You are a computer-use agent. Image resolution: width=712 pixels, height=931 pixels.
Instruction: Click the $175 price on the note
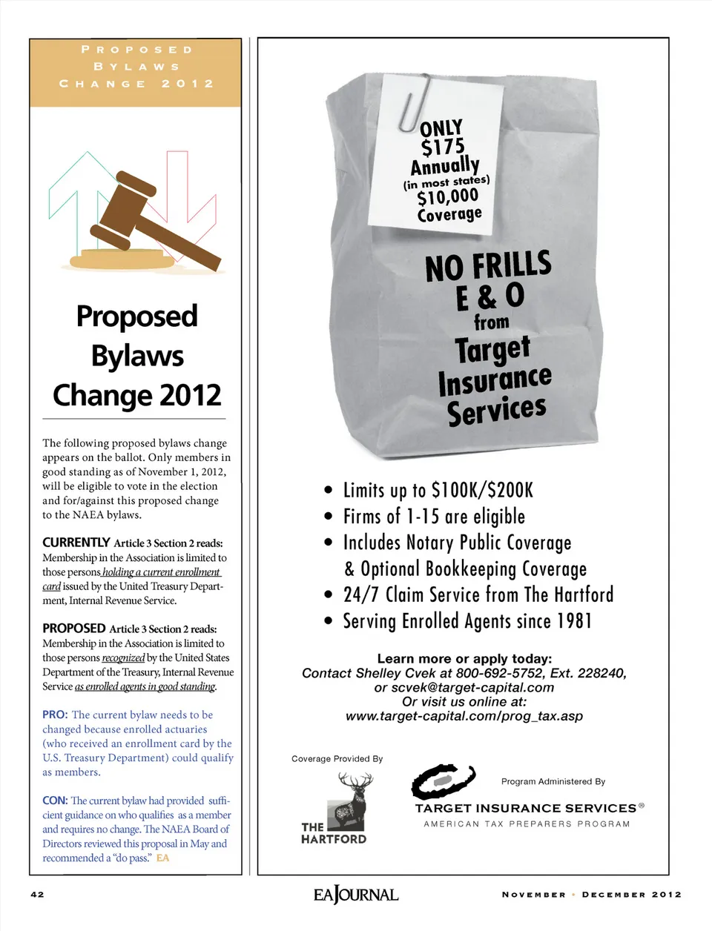coord(443,147)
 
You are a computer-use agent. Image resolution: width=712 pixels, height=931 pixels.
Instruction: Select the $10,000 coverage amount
coord(447,197)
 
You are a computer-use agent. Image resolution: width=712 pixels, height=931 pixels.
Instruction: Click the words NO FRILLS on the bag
coord(488,266)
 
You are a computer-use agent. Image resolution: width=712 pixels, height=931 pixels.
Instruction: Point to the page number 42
coord(37,895)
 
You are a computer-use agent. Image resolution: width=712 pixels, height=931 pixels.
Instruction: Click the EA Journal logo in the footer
coord(356,895)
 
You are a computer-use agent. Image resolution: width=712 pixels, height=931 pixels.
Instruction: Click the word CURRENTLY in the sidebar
coord(76,543)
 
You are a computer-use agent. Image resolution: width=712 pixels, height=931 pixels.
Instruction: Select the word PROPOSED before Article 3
coord(73,629)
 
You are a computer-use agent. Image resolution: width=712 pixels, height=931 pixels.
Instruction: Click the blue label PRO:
coord(55,715)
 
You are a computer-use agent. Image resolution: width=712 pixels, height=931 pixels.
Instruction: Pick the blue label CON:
coord(55,801)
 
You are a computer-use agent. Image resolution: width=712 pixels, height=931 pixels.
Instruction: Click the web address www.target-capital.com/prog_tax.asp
coord(464,716)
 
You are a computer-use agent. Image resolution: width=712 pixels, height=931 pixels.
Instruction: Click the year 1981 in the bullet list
coord(574,621)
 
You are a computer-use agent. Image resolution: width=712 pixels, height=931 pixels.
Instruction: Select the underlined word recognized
coord(123,658)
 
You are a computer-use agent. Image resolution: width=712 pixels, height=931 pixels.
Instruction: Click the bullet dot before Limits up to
coord(329,490)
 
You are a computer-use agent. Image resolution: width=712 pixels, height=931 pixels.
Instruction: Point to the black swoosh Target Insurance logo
coord(444,781)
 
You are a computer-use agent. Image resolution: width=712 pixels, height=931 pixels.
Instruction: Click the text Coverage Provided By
coord(337,759)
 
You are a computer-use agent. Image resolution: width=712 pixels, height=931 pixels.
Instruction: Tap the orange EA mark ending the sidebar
coord(162,858)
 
